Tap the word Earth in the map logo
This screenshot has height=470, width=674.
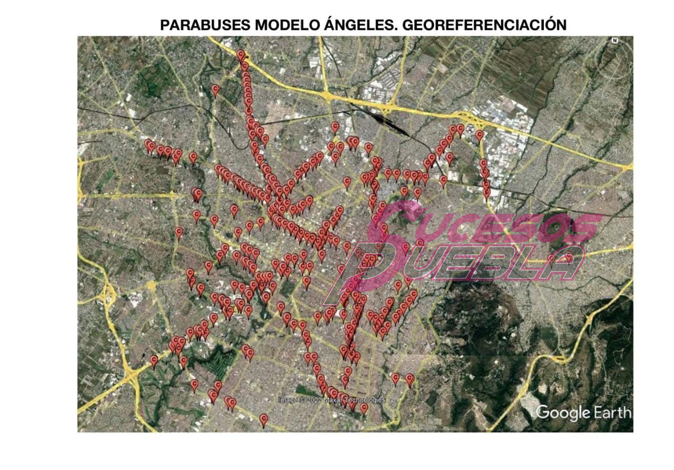pos(612,412)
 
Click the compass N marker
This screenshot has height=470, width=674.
pos(614,41)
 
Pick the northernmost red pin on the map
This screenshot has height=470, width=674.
pos(241,54)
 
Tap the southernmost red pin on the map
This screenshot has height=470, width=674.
pos(264,419)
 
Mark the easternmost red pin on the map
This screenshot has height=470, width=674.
pos(569,258)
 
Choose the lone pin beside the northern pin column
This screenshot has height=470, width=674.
pos(215,90)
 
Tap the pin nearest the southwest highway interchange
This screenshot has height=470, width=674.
pos(154,361)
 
